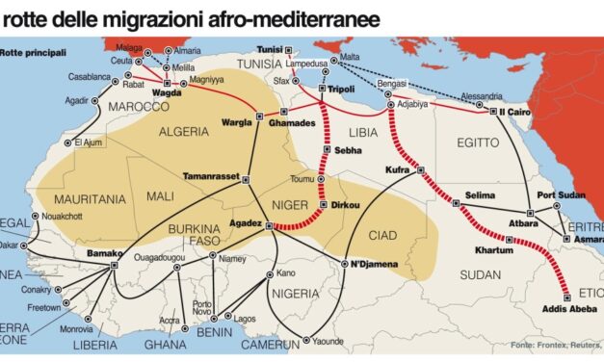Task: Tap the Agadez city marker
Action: [x=268, y=227]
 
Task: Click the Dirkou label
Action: [x=347, y=205]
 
